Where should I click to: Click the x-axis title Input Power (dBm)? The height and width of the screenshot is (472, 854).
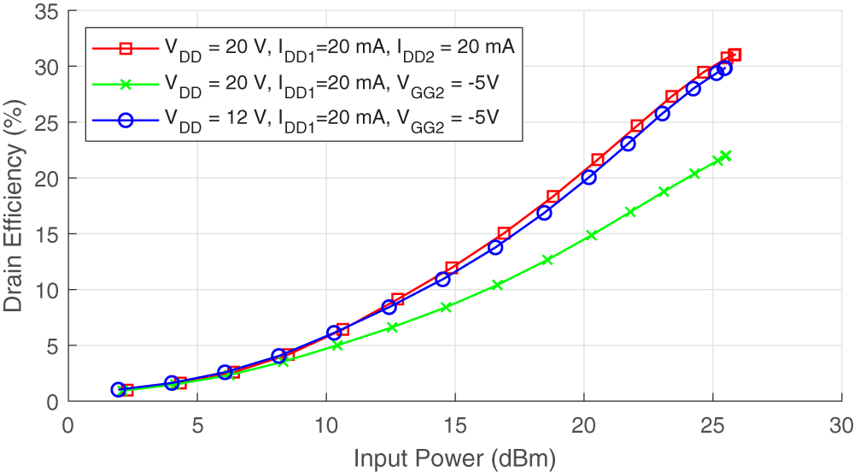coord(454,459)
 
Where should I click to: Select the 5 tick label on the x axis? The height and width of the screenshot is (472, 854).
coord(197,425)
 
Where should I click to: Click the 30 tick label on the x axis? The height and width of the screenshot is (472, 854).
coord(841,425)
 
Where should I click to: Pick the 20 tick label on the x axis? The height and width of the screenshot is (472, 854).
coord(583,425)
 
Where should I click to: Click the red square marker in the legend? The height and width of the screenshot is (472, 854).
coord(126,48)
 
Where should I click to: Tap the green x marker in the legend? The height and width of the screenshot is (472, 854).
coord(126,84)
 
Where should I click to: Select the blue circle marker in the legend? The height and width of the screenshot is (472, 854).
coord(126,120)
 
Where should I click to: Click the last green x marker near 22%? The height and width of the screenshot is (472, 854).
coord(725,156)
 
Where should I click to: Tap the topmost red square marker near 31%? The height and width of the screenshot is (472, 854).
coord(734,55)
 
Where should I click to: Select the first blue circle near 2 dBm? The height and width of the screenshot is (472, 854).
coord(118,389)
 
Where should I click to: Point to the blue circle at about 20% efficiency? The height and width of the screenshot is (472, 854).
coord(588,177)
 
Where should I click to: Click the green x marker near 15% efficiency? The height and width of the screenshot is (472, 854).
coord(591,235)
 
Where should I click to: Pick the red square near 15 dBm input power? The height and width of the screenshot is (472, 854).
coord(452,268)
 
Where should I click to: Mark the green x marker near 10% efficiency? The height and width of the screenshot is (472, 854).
coord(497,285)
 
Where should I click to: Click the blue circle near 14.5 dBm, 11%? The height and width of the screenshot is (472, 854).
coord(442,279)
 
